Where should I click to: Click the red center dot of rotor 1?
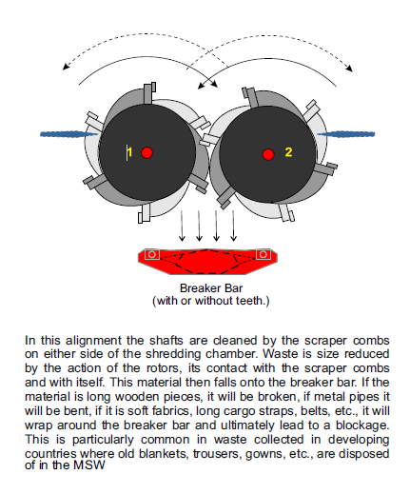click(146, 152)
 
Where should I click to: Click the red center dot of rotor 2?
click(268, 154)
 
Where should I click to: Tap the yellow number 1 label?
click(129, 152)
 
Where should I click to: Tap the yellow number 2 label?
click(288, 152)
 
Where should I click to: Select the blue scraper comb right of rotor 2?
click(346, 134)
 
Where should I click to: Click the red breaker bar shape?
click(207, 262)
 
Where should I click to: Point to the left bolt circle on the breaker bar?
click(152, 254)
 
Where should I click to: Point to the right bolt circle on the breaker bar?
click(263, 254)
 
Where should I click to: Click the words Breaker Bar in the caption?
click(211, 288)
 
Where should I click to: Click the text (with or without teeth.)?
click(211, 301)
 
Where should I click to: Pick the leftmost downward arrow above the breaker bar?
click(182, 226)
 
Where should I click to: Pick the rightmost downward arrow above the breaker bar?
click(233, 226)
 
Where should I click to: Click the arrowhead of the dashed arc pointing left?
click(66, 67)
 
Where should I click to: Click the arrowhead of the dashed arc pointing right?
click(349, 69)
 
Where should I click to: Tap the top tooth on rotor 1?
click(149, 93)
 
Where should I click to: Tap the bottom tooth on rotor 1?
click(145, 214)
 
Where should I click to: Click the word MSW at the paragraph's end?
click(89, 465)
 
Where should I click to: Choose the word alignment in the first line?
click(93, 341)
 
